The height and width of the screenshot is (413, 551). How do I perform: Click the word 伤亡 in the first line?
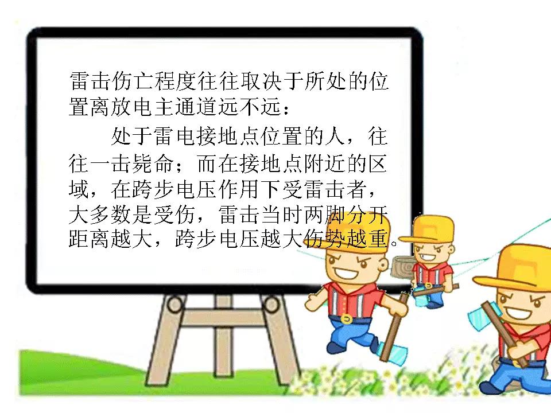click(x=122, y=81)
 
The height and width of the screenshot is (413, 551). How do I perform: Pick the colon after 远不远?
click(x=286, y=110)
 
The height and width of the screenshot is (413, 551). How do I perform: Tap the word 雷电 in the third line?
click(x=176, y=137)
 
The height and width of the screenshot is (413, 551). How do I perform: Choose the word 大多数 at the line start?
click(x=100, y=215)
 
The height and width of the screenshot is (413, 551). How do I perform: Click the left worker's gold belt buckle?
click(x=346, y=320)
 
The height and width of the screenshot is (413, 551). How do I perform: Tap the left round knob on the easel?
click(x=174, y=304)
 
